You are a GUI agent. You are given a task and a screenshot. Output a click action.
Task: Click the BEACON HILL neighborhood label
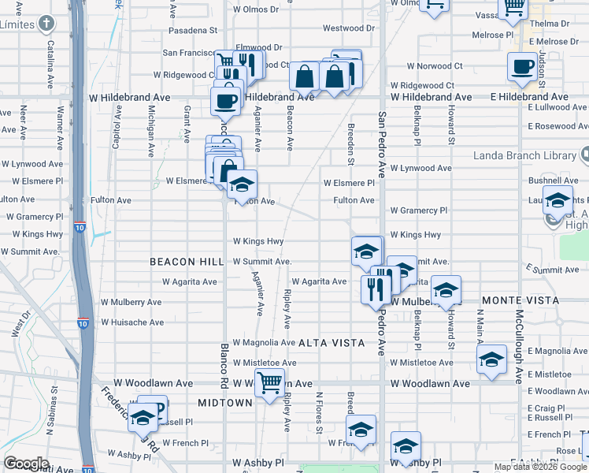[x=181, y=261]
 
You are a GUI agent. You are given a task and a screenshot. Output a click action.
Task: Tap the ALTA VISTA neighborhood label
[x=332, y=343]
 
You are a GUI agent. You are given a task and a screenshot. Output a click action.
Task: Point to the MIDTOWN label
[x=224, y=402]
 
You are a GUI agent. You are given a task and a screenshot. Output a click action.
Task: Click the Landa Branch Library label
[x=524, y=155]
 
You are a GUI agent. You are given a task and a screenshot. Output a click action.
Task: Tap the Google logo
[x=25, y=464]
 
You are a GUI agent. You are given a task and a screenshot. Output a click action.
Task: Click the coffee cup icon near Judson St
[x=521, y=67]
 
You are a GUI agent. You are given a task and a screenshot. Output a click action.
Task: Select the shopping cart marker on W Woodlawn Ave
[x=270, y=382]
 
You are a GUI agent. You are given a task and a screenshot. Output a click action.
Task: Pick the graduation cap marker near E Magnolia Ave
[x=491, y=360]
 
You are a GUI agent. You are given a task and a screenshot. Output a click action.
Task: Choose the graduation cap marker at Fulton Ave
[x=242, y=186]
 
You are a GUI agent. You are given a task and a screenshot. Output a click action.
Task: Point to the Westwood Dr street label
[x=347, y=28]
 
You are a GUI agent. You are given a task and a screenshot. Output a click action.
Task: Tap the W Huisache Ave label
[x=132, y=322]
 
